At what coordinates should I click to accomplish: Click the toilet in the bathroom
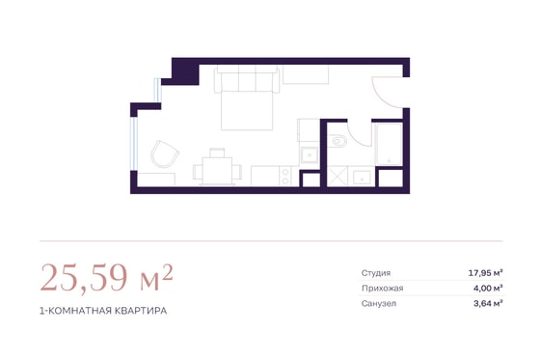[x=338, y=141]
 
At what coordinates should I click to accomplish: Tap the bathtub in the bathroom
[x=390, y=144]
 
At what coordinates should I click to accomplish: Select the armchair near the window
[x=165, y=154]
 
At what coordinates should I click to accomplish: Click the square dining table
[x=217, y=171]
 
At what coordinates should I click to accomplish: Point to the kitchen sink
[x=310, y=154]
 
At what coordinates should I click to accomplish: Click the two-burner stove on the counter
[x=285, y=176]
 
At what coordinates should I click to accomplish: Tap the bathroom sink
[x=362, y=178]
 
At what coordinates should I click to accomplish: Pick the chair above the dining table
[x=217, y=152]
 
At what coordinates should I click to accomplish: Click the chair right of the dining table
[x=237, y=172]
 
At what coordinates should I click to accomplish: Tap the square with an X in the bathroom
[x=337, y=177]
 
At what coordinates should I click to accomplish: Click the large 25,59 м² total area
[x=106, y=278]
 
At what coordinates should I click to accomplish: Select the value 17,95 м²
[x=486, y=273]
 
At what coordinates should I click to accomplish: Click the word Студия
[x=376, y=273]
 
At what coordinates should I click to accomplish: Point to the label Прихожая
[x=382, y=289]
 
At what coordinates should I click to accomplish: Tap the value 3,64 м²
[x=488, y=304]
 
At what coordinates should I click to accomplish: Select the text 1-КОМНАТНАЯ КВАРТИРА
[x=103, y=311]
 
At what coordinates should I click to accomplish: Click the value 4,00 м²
[x=488, y=289]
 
